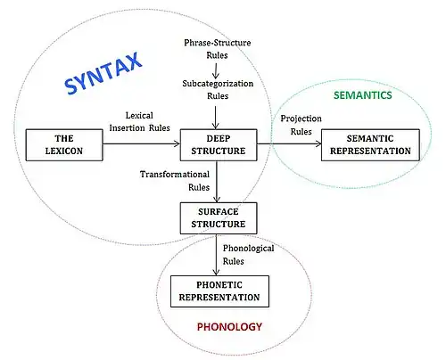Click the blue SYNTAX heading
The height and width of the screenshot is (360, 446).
103,73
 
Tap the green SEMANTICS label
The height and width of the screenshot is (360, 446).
363,95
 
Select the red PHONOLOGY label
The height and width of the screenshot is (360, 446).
229,327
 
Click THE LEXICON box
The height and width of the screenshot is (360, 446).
64,145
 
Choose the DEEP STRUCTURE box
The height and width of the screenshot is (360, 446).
219,145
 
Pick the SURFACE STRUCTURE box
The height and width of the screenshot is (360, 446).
219,218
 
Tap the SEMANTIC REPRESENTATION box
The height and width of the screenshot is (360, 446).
370,145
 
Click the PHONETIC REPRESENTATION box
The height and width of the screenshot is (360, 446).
219,291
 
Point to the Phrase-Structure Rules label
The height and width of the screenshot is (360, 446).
218,49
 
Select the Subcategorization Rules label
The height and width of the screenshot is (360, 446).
218,89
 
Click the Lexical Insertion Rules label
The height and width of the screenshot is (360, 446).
139,121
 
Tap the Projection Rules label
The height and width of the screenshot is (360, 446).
301,125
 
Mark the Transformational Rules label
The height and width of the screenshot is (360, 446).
175,181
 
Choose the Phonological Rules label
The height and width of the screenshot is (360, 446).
249,255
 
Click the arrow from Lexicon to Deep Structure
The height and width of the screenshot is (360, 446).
142,144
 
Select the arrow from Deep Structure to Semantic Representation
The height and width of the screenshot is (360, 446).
289,144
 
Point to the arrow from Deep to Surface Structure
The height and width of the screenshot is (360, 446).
217,182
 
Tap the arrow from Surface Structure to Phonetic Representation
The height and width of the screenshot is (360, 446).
217,255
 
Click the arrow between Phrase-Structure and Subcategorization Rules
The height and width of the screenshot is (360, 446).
216,70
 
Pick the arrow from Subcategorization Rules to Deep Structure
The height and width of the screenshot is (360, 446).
216,118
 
